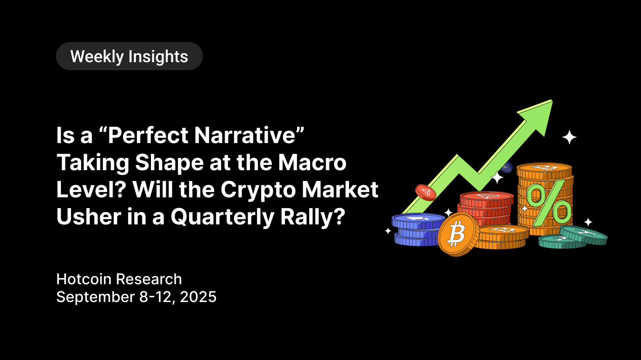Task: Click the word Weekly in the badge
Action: [x=97, y=57]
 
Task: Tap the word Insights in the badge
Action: [x=158, y=57]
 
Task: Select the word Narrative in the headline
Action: [x=245, y=135]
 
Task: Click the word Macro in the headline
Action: [x=313, y=162]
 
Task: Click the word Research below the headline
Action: [x=149, y=279]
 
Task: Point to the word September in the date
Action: [x=96, y=297]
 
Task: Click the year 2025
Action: [x=198, y=297]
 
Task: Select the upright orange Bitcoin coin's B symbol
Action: [x=456, y=235]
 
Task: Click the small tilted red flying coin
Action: [x=426, y=193]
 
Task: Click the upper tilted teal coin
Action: [x=583, y=235]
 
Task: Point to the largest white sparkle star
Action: [x=570, y=137]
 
